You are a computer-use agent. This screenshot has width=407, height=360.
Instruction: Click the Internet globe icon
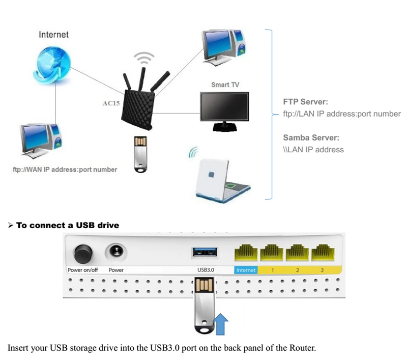52,65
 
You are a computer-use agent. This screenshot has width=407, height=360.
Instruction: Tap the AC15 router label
111,103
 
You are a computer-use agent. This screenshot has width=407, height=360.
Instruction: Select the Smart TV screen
224,106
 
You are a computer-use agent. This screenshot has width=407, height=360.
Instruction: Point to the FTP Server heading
306,101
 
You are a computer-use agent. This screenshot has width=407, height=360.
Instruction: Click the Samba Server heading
311,137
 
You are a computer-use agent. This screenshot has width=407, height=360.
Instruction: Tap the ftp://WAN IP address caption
65,170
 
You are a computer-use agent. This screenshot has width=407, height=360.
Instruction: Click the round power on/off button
83,254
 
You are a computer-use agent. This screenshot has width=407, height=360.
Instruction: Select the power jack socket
116,252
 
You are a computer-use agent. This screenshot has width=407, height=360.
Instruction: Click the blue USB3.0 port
205,252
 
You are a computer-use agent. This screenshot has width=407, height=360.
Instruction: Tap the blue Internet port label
246,270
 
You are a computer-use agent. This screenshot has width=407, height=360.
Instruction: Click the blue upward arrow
220,324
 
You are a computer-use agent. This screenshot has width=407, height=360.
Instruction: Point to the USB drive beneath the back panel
205,306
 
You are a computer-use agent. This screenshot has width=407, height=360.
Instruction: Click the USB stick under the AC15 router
141,154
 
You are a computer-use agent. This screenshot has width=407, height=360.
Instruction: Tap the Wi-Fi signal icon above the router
144,59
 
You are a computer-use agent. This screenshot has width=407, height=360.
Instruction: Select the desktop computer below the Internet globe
41,141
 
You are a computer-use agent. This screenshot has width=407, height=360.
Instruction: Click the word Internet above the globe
53,35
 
